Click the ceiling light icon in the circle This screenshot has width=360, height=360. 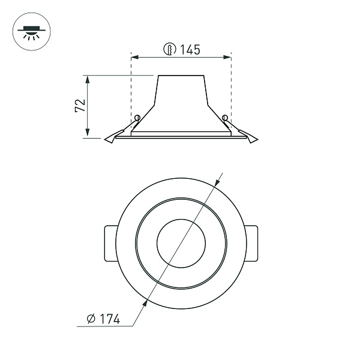coord(28,31)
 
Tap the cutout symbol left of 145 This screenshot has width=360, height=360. coord(170,50)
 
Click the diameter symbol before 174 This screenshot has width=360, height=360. coord(91,319)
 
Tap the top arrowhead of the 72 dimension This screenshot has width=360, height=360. coord(88,79)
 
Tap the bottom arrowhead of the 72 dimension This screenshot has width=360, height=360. coord(88,134)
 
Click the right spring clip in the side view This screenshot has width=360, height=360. coord(246,136)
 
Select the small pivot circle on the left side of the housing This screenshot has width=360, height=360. coord(137,117)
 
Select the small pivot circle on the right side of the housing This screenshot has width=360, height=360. coord(224,117)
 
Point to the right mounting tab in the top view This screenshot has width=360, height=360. coord(251,243)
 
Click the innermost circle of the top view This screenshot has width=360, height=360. coord(181,243)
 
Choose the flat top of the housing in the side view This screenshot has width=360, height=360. coord(181,76)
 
